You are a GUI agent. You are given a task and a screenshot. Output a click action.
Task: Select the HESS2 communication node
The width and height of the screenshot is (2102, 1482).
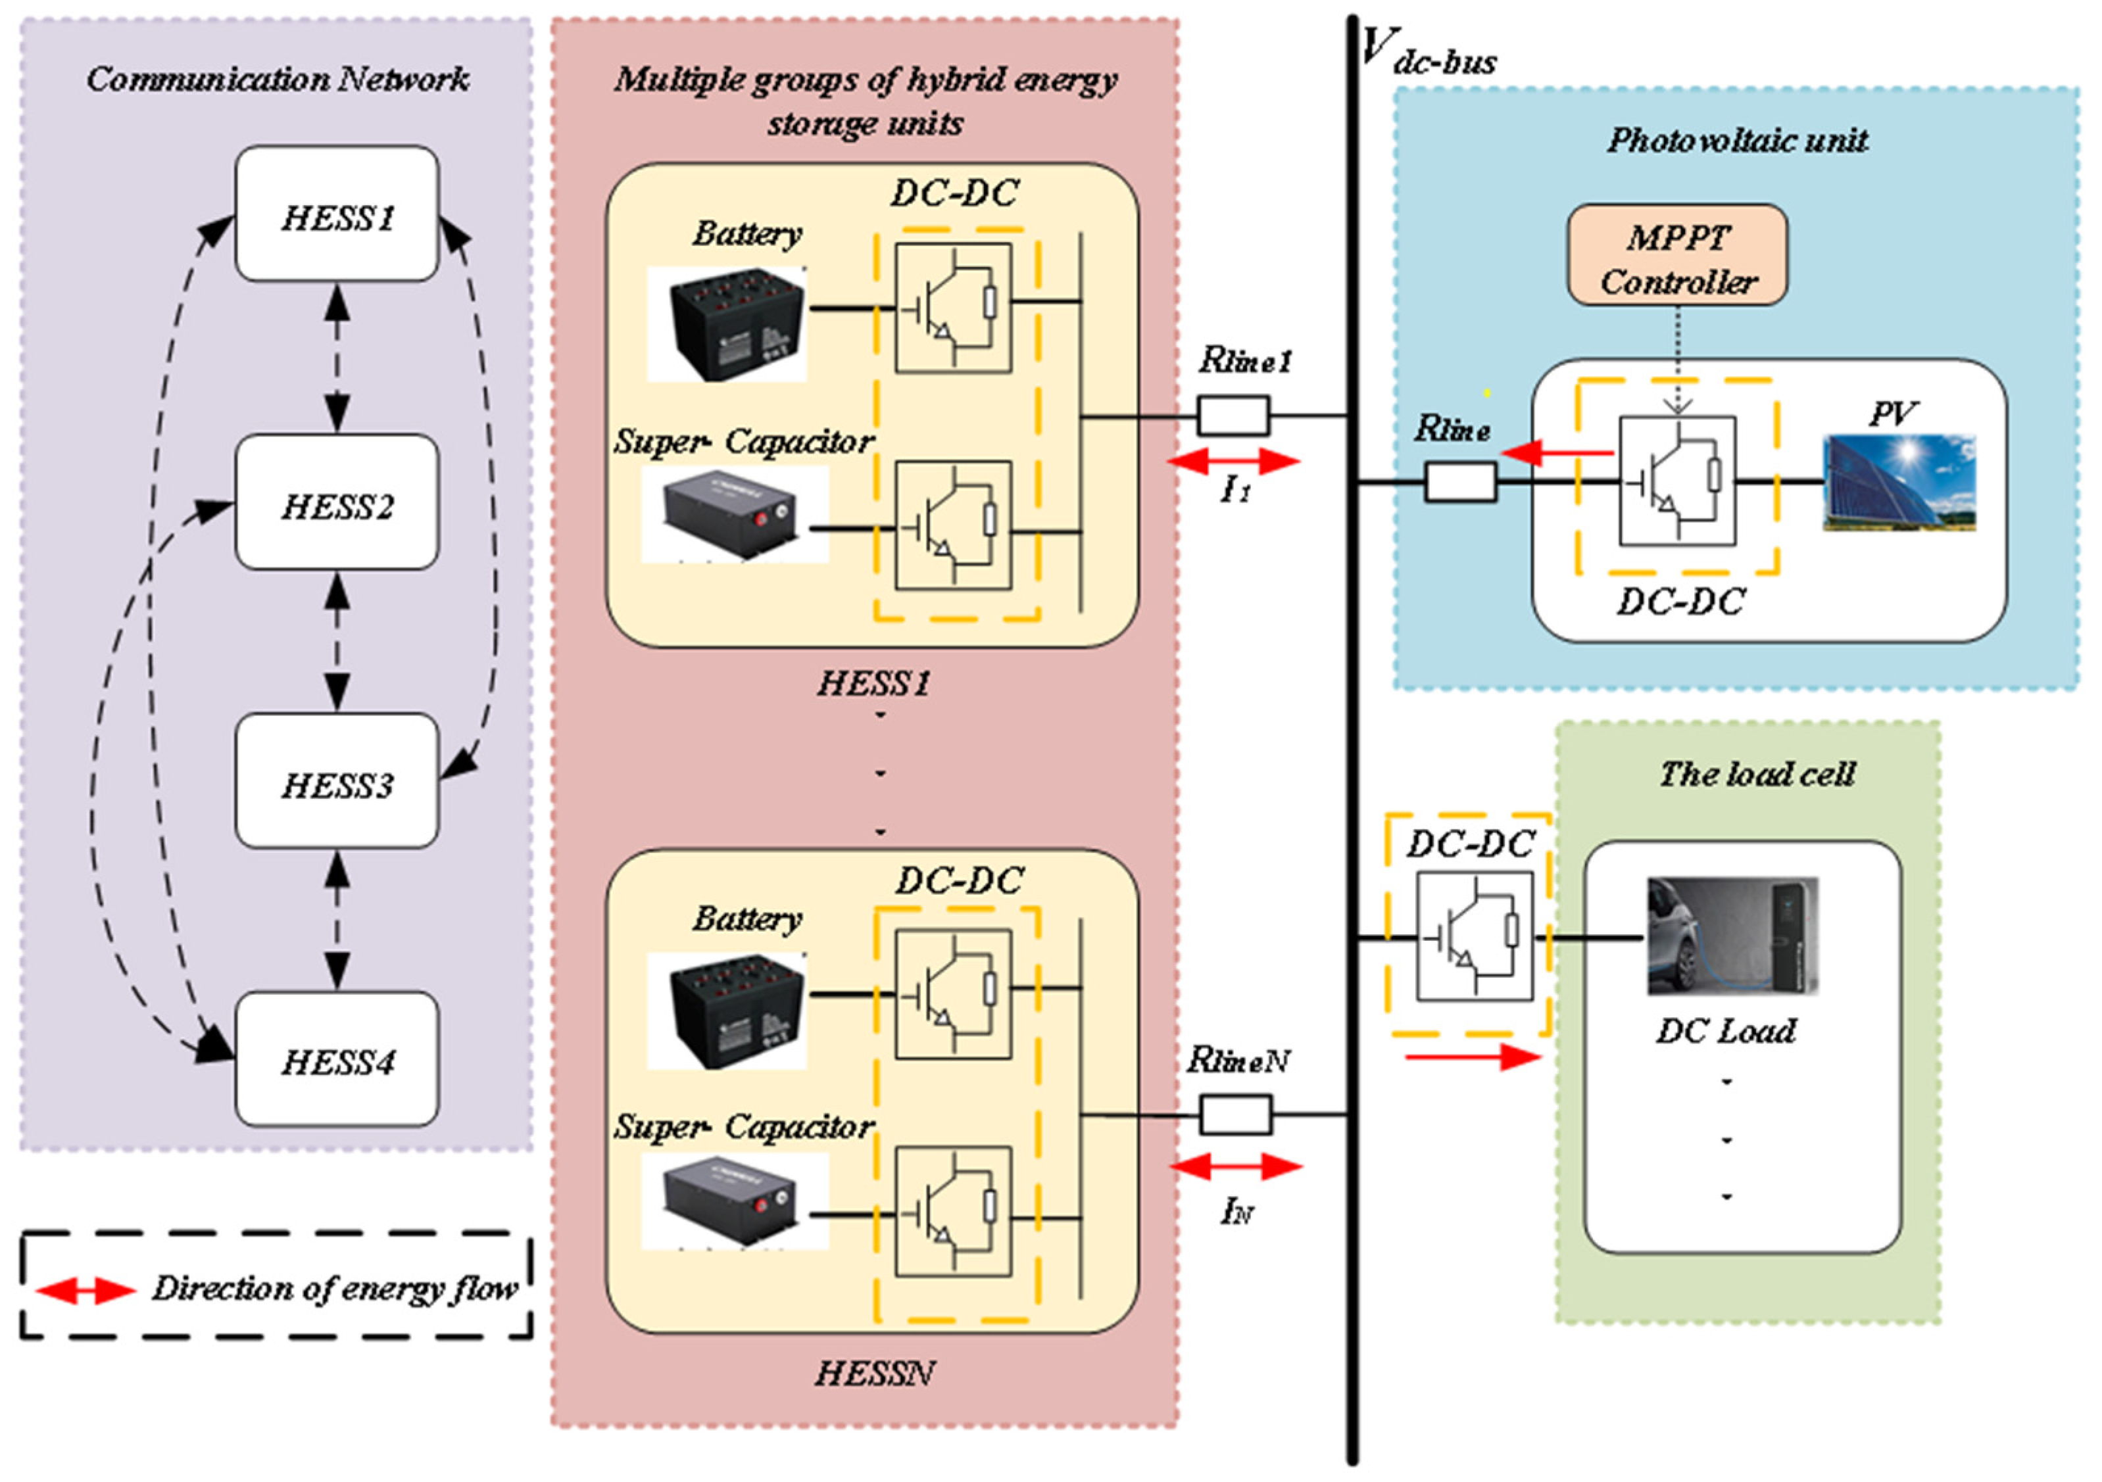[337, 502]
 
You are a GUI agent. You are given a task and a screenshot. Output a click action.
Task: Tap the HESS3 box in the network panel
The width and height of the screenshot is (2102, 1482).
[337, 782]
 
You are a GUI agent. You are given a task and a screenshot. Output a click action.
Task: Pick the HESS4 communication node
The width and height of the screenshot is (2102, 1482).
[337, 1059]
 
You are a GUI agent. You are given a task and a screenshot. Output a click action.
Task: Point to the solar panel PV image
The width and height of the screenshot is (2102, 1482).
[1899, 483]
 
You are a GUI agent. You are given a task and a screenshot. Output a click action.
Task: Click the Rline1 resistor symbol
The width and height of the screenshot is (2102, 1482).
[1233, 416]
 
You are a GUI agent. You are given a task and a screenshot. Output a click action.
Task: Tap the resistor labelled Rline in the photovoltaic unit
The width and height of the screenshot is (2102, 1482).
[1460, 481]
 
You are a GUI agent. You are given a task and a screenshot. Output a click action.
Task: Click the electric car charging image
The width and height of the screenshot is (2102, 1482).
[1732, 936]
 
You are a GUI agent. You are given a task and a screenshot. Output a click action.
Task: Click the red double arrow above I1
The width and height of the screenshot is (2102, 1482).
[1234, 460]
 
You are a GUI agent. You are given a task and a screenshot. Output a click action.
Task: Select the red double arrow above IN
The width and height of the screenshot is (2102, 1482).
[1236, 1166]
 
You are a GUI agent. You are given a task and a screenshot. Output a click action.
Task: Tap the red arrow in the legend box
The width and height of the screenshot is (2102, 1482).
[85, 1291]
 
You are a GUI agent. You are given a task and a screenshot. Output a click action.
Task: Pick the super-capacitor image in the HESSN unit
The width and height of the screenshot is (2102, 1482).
[735, 1200]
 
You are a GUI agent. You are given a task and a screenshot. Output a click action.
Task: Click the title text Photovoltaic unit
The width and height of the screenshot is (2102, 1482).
[1737, 140]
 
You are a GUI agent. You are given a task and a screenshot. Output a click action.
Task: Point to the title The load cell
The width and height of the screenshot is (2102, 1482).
[1757, 775]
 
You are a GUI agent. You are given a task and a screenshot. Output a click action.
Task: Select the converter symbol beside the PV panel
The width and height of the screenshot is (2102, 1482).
[1677, 481]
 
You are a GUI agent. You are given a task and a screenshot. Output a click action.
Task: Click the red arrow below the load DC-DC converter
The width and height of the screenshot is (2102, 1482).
[1472, 1058]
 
